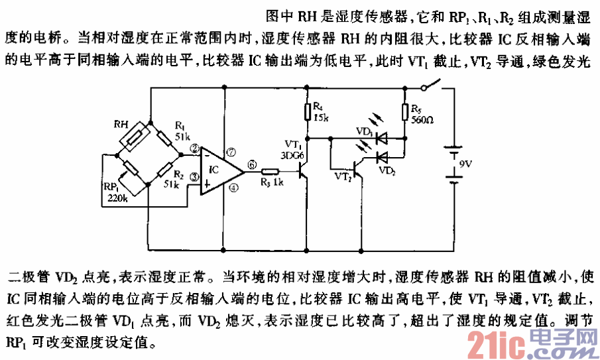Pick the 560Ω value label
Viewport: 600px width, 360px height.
(422, 121)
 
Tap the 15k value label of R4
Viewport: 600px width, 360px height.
(321, 117)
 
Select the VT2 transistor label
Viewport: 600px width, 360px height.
(343, 177)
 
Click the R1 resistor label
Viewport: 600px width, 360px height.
(180, 125)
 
